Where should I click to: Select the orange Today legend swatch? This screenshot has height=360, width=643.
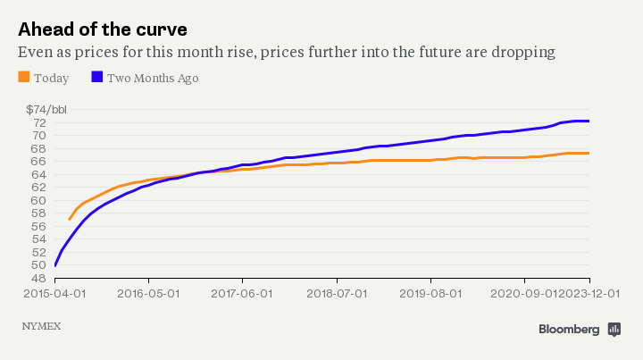pyautogui.click(x=23, y=78)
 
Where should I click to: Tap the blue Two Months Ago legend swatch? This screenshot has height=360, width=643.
pyautogui.click(x=97, y=78)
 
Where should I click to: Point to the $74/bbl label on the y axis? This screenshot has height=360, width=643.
pyautogui.click(x=46, y=110)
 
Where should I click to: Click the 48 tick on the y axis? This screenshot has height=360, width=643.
pyautogui.click(x=40, y=278)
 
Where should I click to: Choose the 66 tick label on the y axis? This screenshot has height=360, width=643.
pyautogui.click(x=40, y=162)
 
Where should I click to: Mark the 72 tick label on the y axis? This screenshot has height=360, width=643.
pyautogui.click(x=40, y=123)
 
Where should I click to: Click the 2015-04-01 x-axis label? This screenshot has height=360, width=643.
pyautogui.click(x=55, y=292)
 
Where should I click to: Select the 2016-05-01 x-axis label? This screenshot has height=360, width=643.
pyautogui.click(x=148, y=292)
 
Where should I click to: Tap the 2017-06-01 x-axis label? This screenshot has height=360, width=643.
pyautogui.click(x=243, y=292)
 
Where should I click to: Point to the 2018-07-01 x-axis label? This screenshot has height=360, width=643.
pyautogui.click(x=337, y=292)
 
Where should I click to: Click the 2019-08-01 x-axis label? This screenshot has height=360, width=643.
pyautogui.click(x=430, y=292)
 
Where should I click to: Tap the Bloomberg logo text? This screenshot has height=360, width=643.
pyautogui.click(x=569, y=330)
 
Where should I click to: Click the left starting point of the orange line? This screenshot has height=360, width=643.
pyautogui.click(x=70, y=219)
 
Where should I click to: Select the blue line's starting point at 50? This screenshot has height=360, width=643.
pyautogui.click(x=55, y=265)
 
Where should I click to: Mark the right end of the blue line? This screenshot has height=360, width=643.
pyautogui.click(x=589, y=121)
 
